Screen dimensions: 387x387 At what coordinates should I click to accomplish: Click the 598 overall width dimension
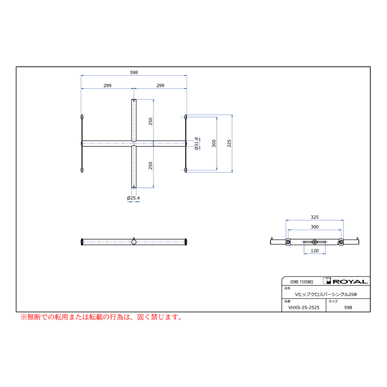click(134, 72)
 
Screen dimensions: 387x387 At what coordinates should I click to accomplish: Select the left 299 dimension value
click(107, 86)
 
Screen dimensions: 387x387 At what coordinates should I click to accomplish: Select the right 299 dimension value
click(160, 86)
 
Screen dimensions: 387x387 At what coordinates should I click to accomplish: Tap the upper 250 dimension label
click(150, 121)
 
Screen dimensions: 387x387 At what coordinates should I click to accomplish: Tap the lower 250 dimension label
click(150, 166)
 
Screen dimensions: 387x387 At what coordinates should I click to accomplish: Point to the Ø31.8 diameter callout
click(197, 144)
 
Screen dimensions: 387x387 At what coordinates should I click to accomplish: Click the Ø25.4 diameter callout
click(133, 198)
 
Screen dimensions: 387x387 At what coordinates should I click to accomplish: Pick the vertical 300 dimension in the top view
click(214, 143)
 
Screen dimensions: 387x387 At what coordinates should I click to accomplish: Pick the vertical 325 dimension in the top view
click(229, 143)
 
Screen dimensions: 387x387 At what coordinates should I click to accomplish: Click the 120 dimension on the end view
click(314, 251)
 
